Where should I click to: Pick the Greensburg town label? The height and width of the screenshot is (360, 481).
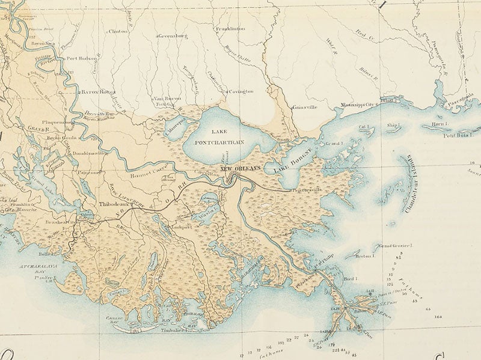[174, 36]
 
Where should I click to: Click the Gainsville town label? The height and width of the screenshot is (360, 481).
[308, 107]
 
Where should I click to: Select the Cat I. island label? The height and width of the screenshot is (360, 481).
[363, 127]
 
